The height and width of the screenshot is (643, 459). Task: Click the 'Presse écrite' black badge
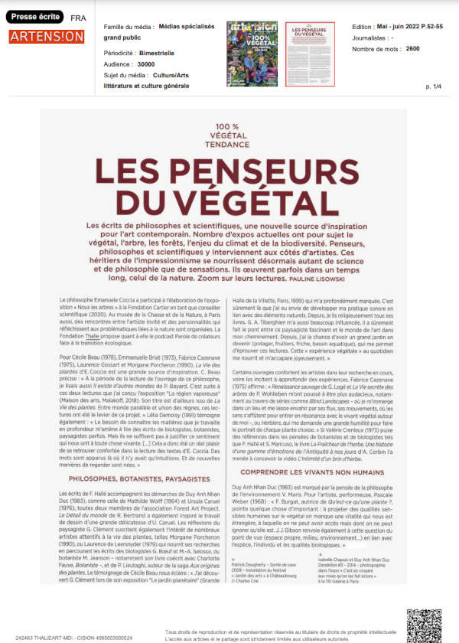pyautogui.click(x=36, y=15)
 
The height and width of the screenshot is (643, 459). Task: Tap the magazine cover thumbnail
pyautogui.click(x=252, y=54)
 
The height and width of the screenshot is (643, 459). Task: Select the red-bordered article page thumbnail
pyautogui.click(x=310, y=54)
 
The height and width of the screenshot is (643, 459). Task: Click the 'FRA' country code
pyautogui.click(x=78, y=17)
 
